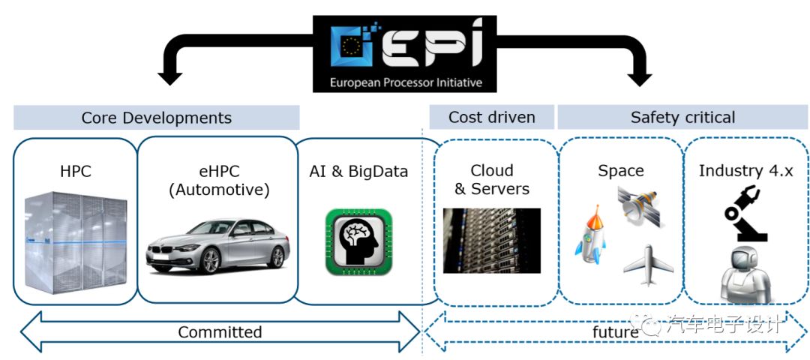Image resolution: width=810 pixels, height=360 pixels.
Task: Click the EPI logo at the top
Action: pos(405,52)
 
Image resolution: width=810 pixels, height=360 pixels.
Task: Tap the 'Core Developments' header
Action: pos(156,118)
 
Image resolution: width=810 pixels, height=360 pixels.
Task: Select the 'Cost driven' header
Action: pos(491,117)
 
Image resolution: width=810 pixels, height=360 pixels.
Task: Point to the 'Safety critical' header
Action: pos(682,117)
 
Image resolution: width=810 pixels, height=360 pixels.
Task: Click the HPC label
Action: pos(75,171)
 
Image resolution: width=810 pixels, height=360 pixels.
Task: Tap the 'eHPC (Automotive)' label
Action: pos(218,180)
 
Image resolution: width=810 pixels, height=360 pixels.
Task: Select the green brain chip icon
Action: pos(358,241)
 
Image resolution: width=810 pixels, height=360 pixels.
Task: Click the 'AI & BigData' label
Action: pos(358,172)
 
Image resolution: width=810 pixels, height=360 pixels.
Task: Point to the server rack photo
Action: pos(491,240)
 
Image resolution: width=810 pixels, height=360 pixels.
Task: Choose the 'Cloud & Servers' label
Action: pos(491,180)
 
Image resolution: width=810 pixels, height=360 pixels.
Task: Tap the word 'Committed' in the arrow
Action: pos(220,331)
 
